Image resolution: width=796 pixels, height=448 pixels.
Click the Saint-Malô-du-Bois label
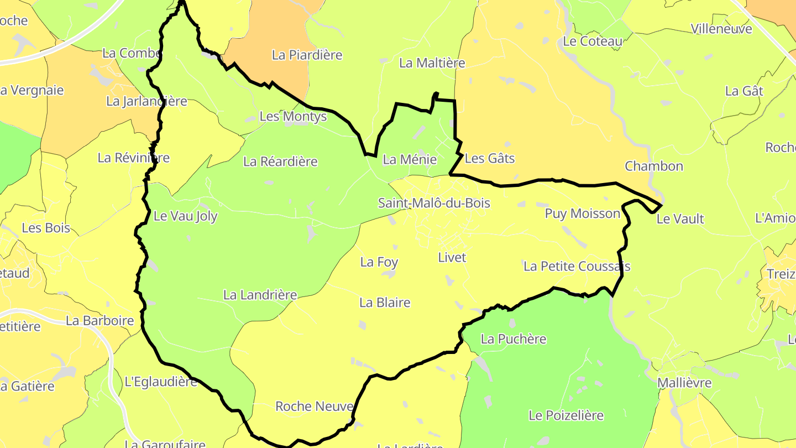[x=434, y=203]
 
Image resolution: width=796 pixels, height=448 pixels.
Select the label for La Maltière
[x=432, y=63]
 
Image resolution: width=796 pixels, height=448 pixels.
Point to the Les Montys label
[x=293, y=117]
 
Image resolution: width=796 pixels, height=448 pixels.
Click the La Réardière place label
[x=281, y=162]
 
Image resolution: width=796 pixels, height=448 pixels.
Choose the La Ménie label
[x=410, y=160]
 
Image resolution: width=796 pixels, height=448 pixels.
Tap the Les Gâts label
[x=490, y=159]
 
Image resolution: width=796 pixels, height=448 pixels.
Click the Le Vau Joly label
[x=186, y=216]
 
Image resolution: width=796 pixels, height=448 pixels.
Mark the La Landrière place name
[x=260, y=295]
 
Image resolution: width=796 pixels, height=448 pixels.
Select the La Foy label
[x=379, y=262]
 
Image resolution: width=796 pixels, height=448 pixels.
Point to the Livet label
[x=452, y=258]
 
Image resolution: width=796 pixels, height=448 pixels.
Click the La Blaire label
[x=385, y=303]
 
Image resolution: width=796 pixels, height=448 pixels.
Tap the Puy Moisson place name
[x=583, y=213]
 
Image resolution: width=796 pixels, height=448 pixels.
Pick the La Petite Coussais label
[x=577, y=267]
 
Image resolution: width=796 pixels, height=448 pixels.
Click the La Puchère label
[x=514, y=339]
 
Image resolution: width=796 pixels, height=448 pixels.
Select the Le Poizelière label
[x=566, y=415]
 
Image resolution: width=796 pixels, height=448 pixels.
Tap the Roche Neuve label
[x=315, y=407]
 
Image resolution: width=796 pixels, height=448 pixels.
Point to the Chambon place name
[x=654, y=166]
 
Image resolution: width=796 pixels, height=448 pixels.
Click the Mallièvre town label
[x=684, y=383]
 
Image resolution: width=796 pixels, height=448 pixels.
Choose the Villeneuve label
[x=721, y=29]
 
